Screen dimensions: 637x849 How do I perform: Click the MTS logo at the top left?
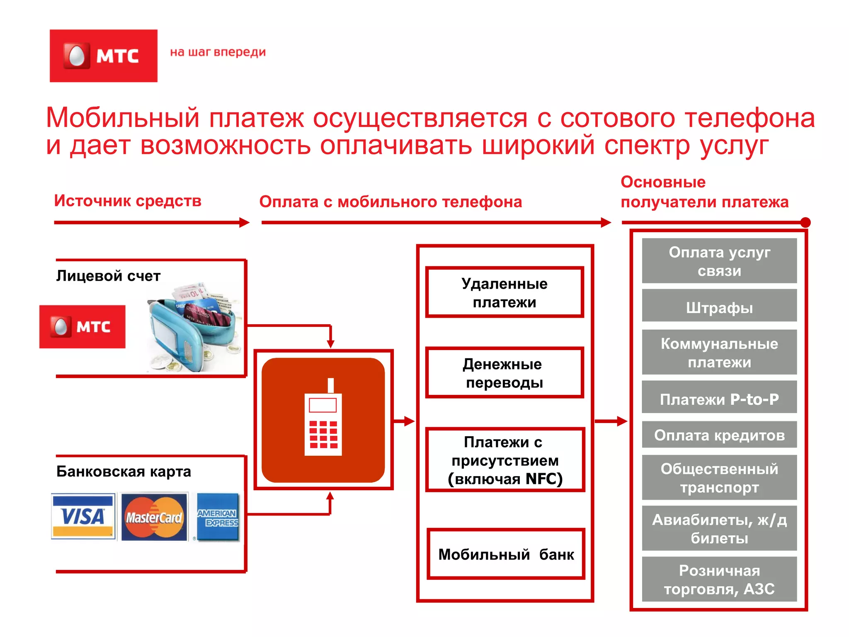click(103, 56)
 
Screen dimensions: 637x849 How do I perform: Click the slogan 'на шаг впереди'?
click(218, 52)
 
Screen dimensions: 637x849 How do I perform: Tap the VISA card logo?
click(83, 516)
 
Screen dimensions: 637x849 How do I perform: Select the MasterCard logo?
click(154, 517)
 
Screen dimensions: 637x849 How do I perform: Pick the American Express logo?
click(218, 517)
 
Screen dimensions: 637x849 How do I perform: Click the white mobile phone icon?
click(323, 419)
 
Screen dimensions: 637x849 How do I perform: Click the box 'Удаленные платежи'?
click(505, 292)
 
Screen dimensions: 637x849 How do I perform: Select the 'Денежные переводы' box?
click(505, 373)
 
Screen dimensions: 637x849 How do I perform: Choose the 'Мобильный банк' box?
click(506, 554)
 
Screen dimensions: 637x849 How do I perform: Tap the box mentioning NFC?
click(505, 460)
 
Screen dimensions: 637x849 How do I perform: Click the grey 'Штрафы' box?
click(719, 307)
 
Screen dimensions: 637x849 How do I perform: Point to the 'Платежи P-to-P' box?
click(719, 399)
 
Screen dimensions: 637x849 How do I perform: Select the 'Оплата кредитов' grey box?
click(719, 435)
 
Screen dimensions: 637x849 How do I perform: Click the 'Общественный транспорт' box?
click(719, 478)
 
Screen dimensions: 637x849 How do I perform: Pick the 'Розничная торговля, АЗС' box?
click(719, 579)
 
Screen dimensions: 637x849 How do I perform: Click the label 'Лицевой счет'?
click(108, 276)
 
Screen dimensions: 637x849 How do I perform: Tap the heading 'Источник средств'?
click(127, 201)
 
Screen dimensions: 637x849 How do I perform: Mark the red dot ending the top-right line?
click(805, 223)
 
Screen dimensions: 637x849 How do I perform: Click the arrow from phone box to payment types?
click(404, 421)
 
